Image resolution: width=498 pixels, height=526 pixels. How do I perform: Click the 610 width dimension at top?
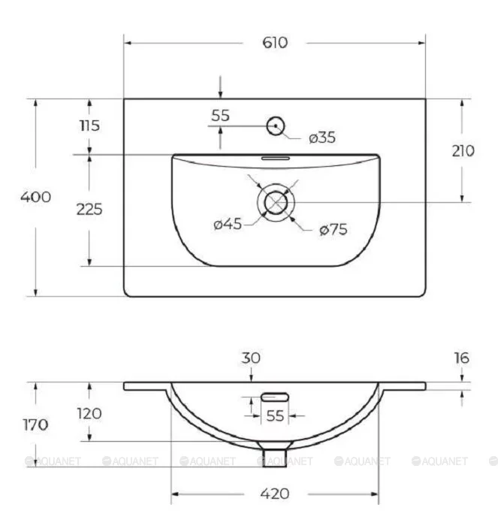tap(275, 43)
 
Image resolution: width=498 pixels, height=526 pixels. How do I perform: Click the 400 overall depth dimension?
tap(36, 197)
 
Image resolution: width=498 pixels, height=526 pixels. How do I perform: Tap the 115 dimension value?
tap(89, 125)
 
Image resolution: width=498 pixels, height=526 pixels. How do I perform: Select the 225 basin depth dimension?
tap(89, 209)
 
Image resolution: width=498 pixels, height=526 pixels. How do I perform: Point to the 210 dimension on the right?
tap(463, 150)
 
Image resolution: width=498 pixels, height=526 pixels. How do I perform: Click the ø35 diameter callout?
tap(321, 138)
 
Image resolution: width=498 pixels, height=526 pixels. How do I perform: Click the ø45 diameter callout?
tap(228, 224)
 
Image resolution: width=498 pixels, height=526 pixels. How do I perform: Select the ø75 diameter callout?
tap(333, 230)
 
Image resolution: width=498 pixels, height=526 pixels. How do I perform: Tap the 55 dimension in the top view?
tap(220, 116)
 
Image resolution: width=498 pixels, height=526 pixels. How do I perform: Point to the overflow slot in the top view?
tap(275, 159)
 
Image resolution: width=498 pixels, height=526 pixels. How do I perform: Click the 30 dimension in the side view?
tap(250, 359)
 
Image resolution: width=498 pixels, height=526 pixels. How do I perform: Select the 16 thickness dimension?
tap(461, 358)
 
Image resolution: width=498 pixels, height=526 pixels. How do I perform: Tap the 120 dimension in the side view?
tap(89, 413)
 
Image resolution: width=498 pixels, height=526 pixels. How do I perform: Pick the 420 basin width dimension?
tap(275, 494)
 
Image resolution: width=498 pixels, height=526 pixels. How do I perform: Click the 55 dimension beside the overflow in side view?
tap(275, 414)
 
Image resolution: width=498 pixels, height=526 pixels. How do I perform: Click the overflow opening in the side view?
tap(276, 396)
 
